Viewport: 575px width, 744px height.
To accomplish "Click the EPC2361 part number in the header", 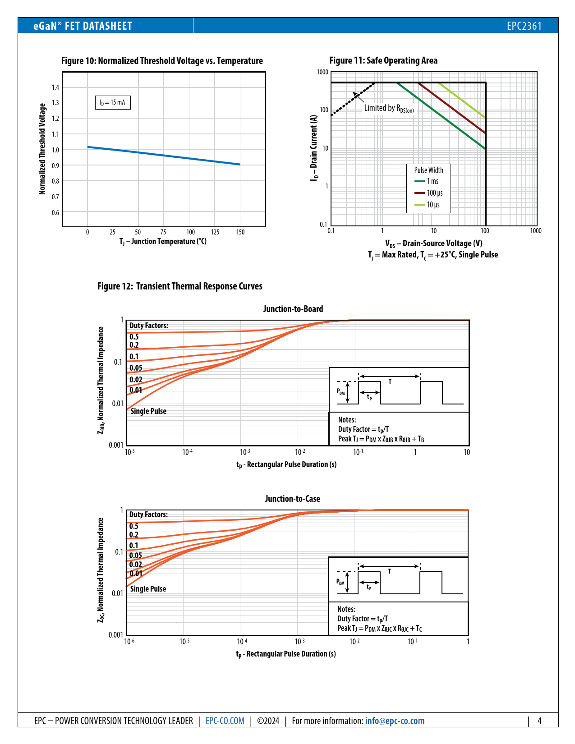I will pos(524,26).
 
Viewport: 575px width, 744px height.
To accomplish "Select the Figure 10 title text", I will pos(162,61).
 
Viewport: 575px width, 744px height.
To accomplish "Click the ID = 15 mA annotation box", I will pos(113,103).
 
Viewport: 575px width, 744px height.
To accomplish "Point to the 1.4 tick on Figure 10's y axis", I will pos(55,87).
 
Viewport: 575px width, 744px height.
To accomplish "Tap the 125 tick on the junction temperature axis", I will pos(215,232).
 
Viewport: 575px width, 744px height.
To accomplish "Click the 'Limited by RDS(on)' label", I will pos(389,108).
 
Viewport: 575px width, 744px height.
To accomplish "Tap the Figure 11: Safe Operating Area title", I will pos(383,60).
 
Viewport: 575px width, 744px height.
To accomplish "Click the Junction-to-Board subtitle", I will pos(293,309).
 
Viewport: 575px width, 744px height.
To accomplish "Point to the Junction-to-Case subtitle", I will pos(292,499).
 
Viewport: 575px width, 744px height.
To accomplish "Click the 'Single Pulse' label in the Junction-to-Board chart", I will pos(148,411).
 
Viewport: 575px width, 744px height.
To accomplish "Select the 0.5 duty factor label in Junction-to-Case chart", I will pos(134,526).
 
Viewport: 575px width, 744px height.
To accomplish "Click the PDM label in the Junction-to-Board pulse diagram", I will pos(340,391).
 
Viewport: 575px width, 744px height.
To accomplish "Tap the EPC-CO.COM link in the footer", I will pos(225,721).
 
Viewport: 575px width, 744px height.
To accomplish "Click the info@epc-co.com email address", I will pos(395,721).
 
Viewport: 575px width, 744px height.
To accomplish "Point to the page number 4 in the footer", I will pos(539,721).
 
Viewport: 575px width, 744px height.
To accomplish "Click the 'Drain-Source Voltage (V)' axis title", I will pos(433,243).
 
